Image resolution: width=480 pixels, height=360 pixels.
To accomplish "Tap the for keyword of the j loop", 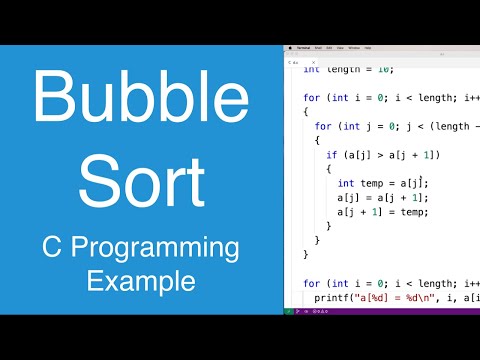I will [x=321, y=127].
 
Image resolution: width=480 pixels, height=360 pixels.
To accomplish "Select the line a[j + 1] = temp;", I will [x=383, y=212].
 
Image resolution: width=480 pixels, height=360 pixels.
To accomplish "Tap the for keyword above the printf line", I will [x=309, y=283].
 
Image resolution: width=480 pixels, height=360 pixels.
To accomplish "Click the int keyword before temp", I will [x=345, y=184].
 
